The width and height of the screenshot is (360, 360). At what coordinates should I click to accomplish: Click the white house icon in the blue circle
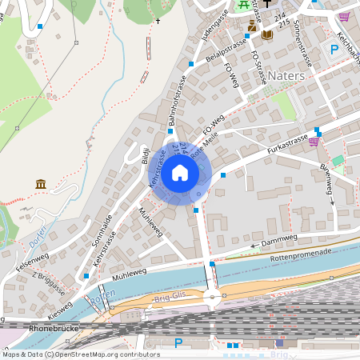pos(180,172)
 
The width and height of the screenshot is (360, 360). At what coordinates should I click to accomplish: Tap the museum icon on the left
pos(40,186)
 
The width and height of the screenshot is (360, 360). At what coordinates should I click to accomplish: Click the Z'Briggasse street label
pos(49,284)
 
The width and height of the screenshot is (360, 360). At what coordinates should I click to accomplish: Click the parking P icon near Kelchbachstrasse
pos(334,50)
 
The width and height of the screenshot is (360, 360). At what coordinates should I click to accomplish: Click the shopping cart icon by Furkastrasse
pos(314,142)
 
